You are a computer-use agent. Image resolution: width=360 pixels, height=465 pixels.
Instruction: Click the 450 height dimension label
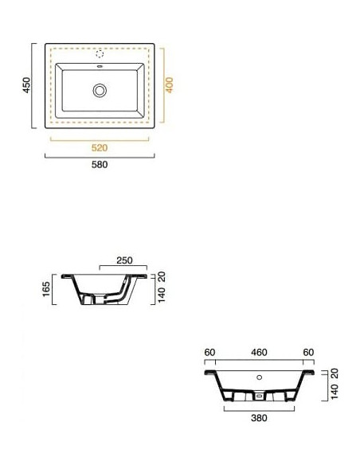point(26,84)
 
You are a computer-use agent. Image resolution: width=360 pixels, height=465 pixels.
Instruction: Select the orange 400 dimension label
point(169,84)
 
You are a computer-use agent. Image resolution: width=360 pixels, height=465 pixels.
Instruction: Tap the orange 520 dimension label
point(100,147)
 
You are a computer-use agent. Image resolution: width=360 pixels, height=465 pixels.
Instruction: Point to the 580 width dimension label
point(100,165)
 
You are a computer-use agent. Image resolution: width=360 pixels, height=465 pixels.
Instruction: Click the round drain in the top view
point(100,90)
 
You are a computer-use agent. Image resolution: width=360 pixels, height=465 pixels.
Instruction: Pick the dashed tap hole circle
point(100,55)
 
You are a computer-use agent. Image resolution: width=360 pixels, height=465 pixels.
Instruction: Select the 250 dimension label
point(123,261)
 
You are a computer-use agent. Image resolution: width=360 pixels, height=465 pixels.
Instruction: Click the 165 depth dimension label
point(46,288)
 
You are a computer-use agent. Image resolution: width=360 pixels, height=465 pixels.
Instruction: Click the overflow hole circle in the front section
point(259,377)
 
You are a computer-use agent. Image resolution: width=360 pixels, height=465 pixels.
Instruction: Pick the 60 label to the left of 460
point(210,351)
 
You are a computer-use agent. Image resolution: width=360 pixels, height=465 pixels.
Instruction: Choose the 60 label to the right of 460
point(308,351)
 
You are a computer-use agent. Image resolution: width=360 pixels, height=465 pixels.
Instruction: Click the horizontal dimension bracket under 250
point(123,269)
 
